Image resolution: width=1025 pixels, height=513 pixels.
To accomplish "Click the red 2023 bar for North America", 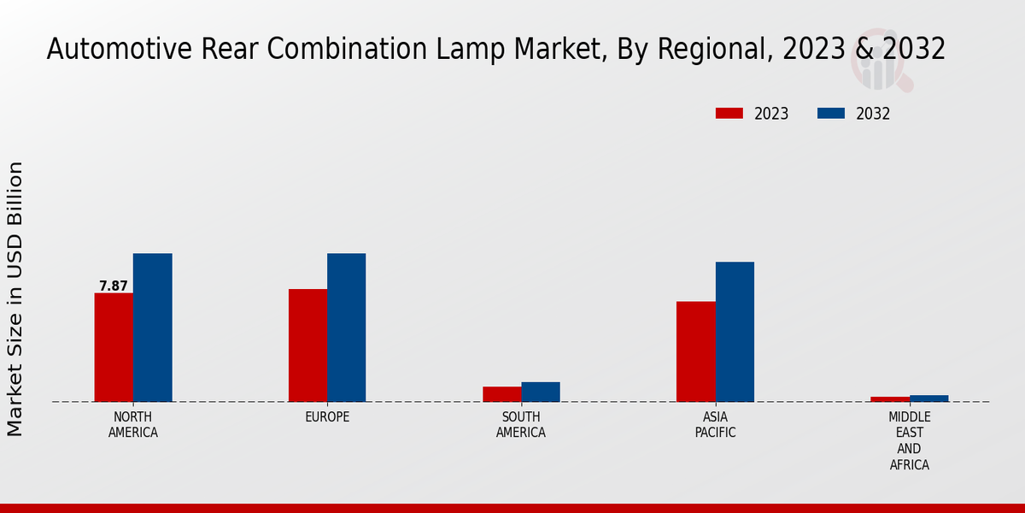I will pos(114,347).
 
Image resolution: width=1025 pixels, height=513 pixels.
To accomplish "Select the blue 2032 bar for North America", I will pos(152,327).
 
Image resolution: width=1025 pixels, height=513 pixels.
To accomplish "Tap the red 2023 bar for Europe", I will pos(307,345).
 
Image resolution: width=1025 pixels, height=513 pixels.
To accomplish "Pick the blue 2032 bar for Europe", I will pos(346,327).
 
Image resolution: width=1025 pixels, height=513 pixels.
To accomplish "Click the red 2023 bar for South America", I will pos(501,394).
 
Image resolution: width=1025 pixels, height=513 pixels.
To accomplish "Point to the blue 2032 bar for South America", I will pos(541,392).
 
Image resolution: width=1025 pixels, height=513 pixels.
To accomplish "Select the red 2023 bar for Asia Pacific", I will pos(695,351).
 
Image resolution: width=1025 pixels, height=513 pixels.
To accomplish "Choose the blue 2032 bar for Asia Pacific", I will pos(735,332).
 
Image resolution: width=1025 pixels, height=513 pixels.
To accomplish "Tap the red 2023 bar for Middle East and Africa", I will pos(890,399).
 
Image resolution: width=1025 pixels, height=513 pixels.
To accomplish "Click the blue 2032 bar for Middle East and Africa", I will pos(928,398).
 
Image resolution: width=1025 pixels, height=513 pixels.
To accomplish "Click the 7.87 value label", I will pos(114,286).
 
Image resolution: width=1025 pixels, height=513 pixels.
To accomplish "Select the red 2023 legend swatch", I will pos(729,114).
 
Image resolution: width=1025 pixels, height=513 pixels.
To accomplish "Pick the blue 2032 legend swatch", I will pos(831,114).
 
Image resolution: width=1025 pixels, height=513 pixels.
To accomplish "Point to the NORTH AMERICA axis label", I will pos(133,425).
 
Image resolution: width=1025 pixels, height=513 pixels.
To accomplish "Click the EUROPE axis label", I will pos(327,417).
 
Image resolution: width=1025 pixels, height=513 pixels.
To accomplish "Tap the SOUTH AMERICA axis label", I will pos(521,425).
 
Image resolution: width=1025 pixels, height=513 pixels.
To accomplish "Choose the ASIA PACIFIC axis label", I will pos(715,425).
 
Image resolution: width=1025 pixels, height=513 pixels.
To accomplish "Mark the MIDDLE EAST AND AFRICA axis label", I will pos(909,441).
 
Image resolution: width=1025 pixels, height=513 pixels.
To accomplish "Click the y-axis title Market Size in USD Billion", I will pos(15,299).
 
